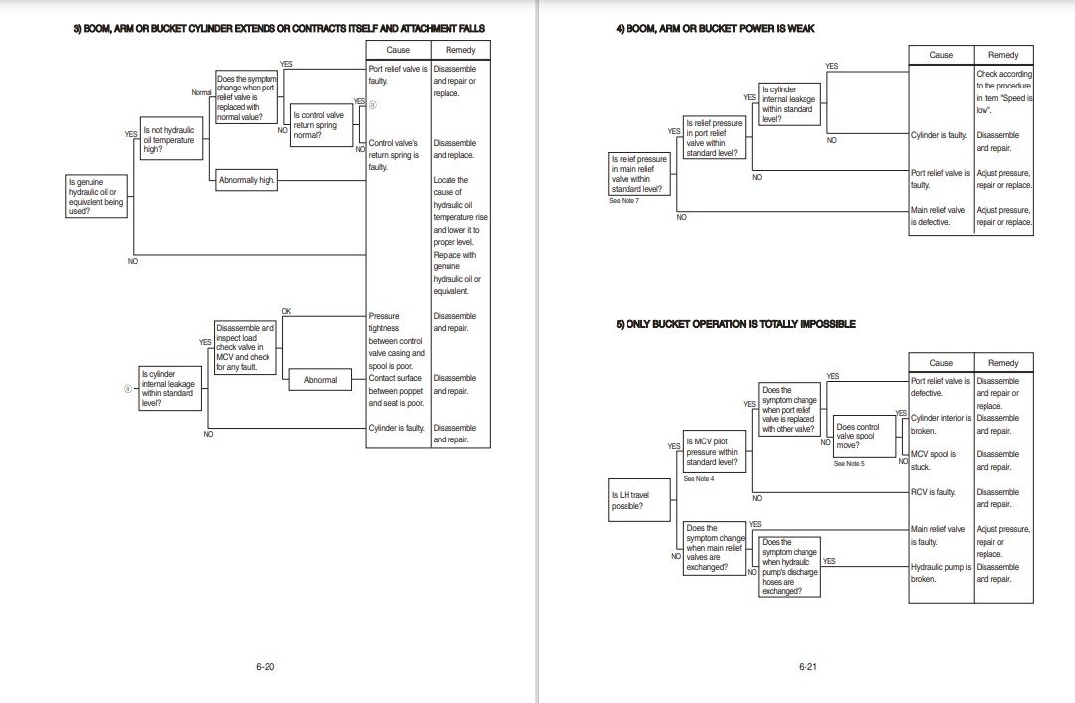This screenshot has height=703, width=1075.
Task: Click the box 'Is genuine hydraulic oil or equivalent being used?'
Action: click(x=96, y=196)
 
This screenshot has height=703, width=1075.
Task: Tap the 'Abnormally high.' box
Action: click(x=247, y=181)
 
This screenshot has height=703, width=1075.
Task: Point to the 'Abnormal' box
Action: click(x=320, y=379)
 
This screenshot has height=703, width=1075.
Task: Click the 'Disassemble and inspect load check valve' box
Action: click(x=245, y=346)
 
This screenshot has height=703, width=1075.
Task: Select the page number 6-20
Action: click(x=265, y=666)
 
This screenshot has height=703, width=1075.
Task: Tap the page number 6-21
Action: click(x=806, y=666)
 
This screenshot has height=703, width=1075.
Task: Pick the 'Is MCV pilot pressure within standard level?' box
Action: click(x=712, y=451)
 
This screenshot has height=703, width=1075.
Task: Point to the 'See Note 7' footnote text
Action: click(x=624, y=201)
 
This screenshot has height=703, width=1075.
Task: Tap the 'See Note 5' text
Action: click(x=849, y=464)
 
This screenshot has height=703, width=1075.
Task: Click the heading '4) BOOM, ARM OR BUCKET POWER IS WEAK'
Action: click(x=715, y=29)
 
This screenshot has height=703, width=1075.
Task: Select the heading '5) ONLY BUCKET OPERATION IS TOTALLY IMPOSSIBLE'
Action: click(x=736, y=324)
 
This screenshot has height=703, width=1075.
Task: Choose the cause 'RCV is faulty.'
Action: click(x=933, y=492)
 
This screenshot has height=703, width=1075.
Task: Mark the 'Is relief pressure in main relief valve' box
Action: click(x=639, y=173)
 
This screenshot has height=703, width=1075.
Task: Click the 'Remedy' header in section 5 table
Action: click(x=1002, y=363)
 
